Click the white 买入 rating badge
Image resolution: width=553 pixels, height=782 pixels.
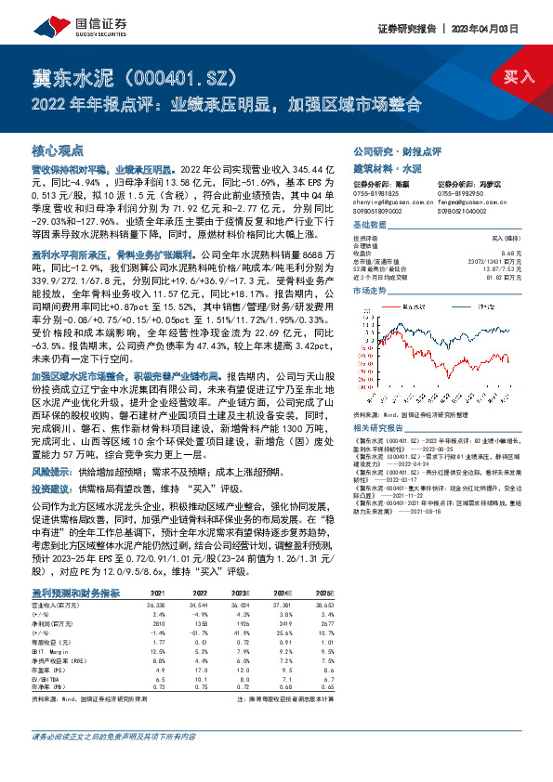coord(516,75)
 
